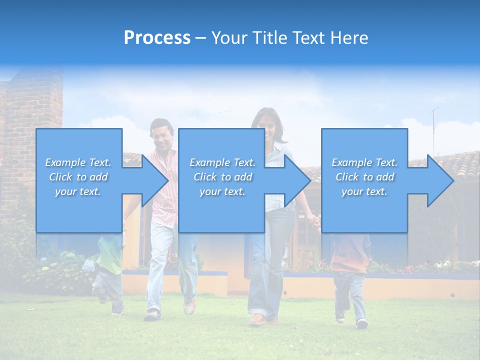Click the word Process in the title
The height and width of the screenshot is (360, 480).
pos(157,38)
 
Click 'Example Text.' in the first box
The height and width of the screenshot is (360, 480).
pos(78,162)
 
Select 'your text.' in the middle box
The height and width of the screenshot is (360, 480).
pos(222,192)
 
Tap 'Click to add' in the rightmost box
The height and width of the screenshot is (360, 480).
pos(365,177)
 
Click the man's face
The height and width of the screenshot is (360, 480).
pos(162,134)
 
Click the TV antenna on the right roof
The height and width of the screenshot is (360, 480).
pos(434,125)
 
